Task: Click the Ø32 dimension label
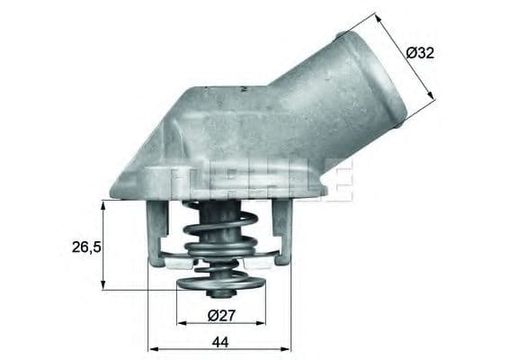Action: click(421, 53)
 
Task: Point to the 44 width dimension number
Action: click(221, 341)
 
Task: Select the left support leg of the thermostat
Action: click(156, 236)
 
